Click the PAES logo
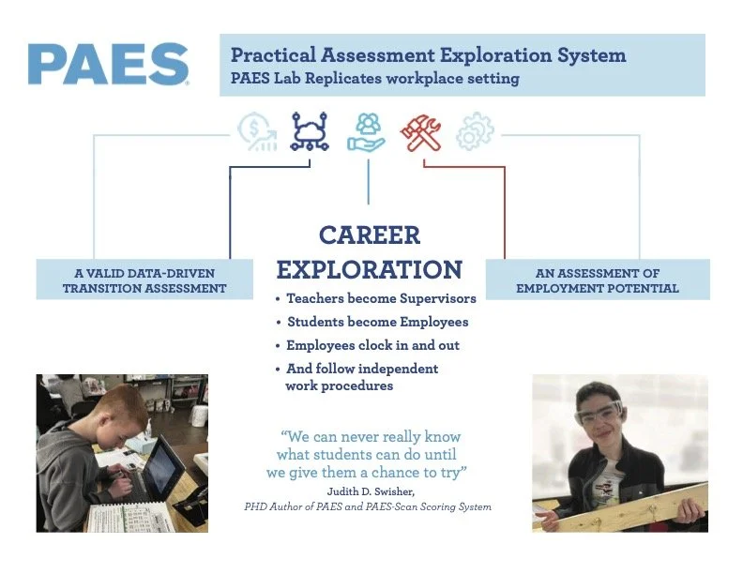coord(108,64)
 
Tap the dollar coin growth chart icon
coord(256,132)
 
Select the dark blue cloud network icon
coord(311,132)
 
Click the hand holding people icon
coord(366,132)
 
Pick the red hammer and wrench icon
coord(421,132)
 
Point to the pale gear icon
coord(475,132)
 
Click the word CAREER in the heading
coord(369,234)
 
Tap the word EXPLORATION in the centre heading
coord(369,270)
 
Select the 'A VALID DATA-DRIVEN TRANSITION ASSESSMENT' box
coord(144,280)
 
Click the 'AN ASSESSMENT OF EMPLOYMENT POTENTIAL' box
coord(598,280)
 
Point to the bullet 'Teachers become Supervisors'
coord(381,298)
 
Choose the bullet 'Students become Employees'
coord(377,322)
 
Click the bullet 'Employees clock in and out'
coord(372,345)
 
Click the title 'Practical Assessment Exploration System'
coord(428,54)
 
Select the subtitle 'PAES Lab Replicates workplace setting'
coord(375,79)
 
